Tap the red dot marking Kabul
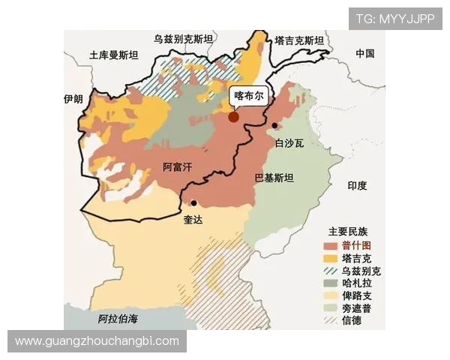coord(234,117)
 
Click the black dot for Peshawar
coord(274,125)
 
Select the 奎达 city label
coord(193,220)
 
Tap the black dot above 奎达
coord(193,202)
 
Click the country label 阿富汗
coord(178,166)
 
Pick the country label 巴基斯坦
coord(274,178)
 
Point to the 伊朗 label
coord(73,98)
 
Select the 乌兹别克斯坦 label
coord(183,38)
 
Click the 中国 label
coord(365,53)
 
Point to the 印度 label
coord(357,185)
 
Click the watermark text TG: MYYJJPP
coord(394,18)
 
